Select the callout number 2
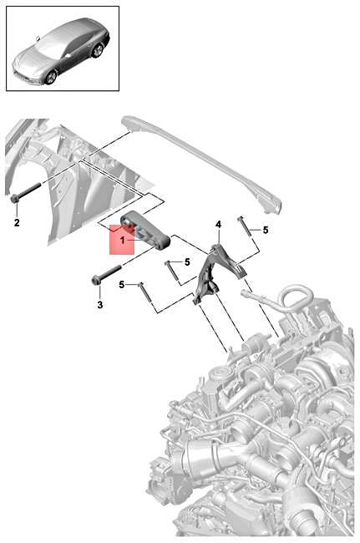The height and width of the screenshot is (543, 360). pyautogui.click(x=15, y=223)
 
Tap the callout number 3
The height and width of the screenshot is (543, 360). pyautogui.click(x=99, y=306)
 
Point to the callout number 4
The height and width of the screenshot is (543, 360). pyautogui.click(x=218, y=225)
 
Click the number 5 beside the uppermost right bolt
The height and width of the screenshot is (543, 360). pyautogui.click(x=266, y=230)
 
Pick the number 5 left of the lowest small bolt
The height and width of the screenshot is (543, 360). pyautogui.click(x=121, y=285)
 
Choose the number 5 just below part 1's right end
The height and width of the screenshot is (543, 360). pyautogui.click(x=186, y=262)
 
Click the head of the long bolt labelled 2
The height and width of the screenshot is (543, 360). pyautogui.click(x=15, y=199)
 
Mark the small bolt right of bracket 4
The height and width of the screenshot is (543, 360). pyautogui.click(x=243, y=226)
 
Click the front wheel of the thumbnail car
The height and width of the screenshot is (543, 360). pyautogui.click(x=51, y=77)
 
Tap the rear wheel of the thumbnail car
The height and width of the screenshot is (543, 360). pyautogui.click(x=98, y=51)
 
